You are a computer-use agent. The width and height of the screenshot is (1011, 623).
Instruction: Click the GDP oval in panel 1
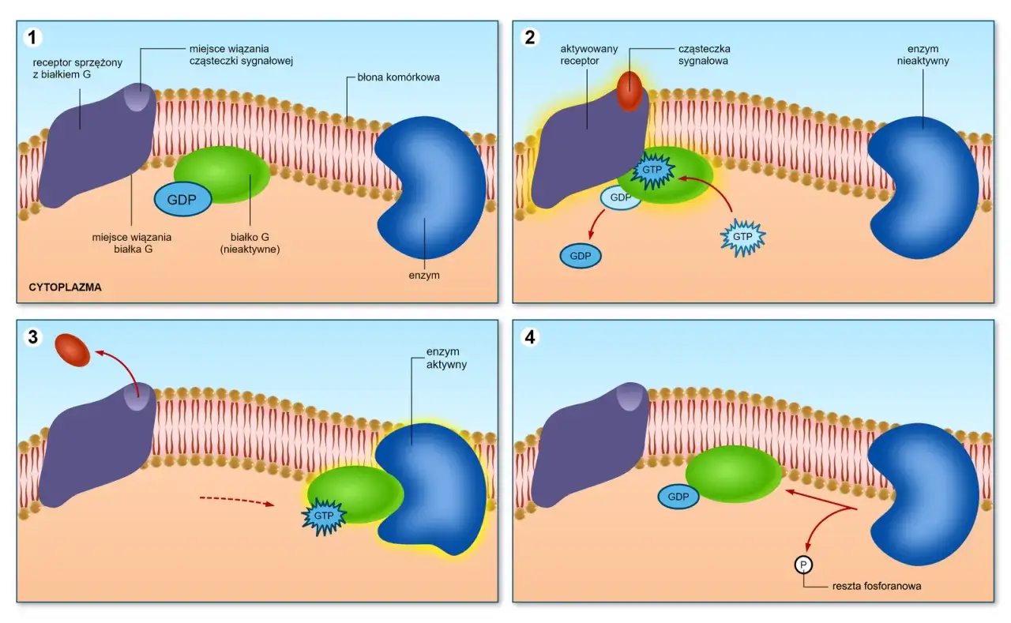[182, 200]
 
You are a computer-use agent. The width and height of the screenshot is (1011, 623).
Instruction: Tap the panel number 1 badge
[32, 37]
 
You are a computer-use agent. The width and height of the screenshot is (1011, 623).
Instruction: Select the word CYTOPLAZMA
[65, 287]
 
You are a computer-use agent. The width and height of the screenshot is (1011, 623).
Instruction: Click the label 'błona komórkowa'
[399, 77]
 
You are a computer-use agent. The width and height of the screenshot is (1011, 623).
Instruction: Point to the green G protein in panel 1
[222, 175]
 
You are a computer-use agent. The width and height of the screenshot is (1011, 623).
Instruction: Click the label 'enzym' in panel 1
[424, 276]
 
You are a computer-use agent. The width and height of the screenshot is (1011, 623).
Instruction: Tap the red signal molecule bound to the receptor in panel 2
[630, 91]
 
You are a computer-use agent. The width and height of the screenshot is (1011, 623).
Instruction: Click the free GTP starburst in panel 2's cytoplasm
[742, 238]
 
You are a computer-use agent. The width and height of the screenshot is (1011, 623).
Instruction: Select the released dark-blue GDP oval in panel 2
[581, 256]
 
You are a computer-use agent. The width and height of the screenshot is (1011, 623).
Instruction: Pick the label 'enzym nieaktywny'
[923, 54]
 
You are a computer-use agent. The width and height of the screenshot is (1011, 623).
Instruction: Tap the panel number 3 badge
[33, 336]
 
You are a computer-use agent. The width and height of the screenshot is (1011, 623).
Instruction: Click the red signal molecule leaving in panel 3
[72, 350]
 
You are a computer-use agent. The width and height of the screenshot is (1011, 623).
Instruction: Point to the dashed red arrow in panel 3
[237, 501]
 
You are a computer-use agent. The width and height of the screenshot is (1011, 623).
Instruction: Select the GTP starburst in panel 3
[324, 516]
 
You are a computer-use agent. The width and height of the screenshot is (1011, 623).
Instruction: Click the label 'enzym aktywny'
[446, 358]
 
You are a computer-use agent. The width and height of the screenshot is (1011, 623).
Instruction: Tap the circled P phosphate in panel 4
[803, 565]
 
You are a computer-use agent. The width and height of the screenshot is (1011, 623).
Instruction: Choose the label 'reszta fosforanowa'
[877, 586]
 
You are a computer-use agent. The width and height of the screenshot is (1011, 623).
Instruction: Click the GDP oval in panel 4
[678, 497]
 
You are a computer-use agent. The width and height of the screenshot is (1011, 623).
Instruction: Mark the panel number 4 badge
[530, 336]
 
